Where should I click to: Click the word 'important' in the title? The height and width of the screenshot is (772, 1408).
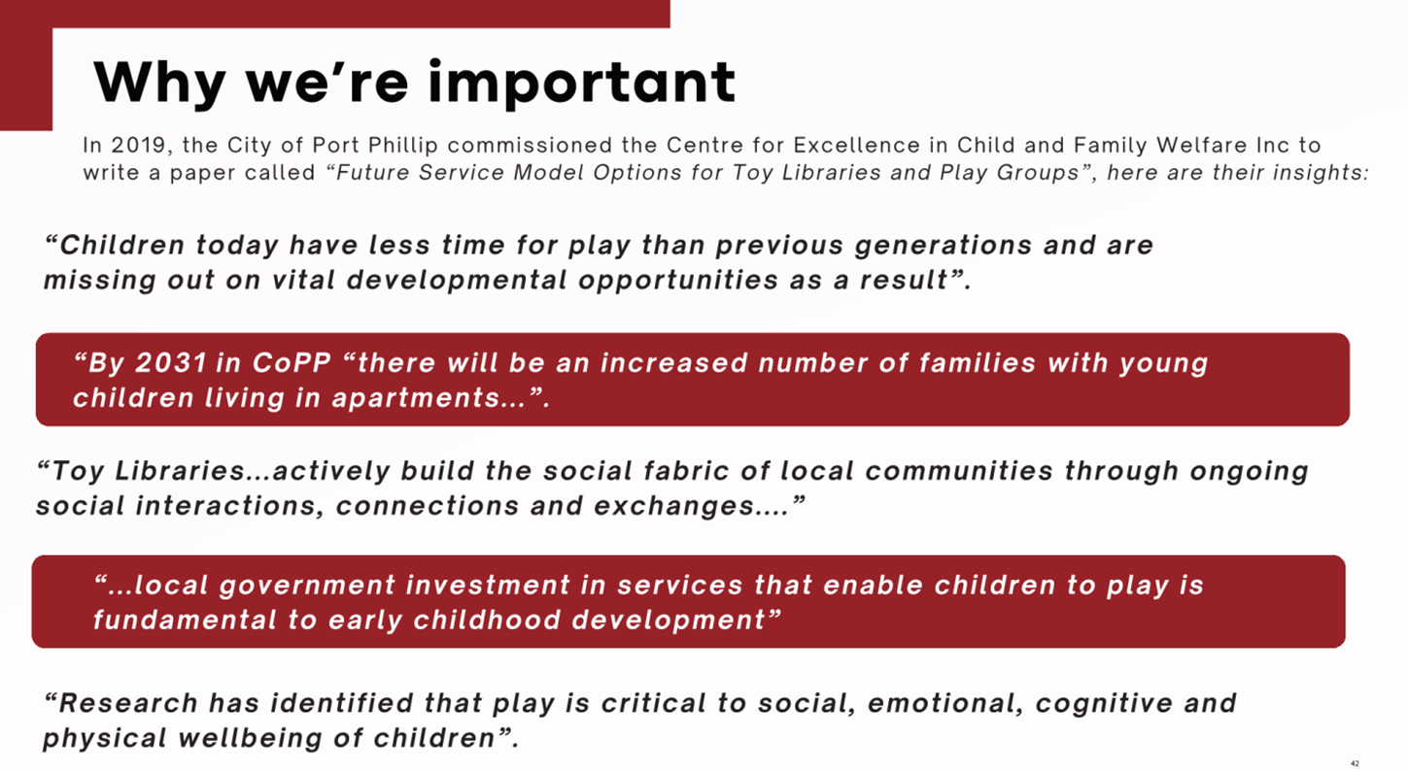click(x=581, y=84)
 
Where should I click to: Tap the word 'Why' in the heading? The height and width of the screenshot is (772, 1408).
click(x=159, y=84)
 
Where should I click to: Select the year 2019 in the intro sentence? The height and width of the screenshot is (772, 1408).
click(x=138, y=146)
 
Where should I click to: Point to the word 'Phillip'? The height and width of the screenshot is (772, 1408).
click(x=402, y=146)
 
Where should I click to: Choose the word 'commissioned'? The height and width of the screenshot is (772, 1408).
click(x=530, y=145)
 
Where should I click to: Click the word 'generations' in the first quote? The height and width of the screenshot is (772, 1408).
click(x=943, y=245)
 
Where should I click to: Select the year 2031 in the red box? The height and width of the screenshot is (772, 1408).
click(x=171, y=363)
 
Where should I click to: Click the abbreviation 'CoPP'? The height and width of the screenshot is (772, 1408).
click(x=292, y=363)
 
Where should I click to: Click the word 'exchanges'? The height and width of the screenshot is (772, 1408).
click(x=673, y=506)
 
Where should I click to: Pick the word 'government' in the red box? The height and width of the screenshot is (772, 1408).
click(x=307, y=586)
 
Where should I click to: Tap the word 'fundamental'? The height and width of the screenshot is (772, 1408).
click(x=185, y=620)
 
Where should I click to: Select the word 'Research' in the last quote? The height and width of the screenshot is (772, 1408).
click(x=128, y=703)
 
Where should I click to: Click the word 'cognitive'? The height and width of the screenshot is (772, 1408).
click(x=1104, y=703)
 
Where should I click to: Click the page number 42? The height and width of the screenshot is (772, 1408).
click(x=1355, y=764)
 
